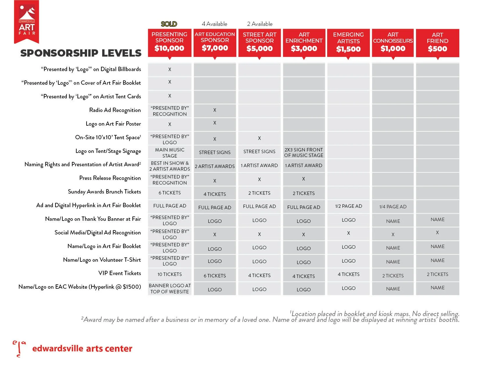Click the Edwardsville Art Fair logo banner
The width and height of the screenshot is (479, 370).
pyautogui.click(x=26, y=22)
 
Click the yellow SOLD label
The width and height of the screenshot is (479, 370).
pyautogui.click(x=169, y=24)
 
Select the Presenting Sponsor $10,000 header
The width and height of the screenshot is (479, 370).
pyautogui.click(x=170, y=42)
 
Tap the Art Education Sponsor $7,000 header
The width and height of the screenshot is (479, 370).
pyautogui.click(x=215, y=42)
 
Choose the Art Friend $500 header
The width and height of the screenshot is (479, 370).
pyautogui.click(x=437, y=42)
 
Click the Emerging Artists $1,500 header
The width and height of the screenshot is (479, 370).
pyautogui.click(x=348, y=42)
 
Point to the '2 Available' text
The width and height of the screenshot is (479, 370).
pyautogui.click(x=260, y=24)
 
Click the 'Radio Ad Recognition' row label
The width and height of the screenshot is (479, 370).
pyautogui.click(x=115, y=110)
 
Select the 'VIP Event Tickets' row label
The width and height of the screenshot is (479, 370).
pyautogui.click(x=120, y=273)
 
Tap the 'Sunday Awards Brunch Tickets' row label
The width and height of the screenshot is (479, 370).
pyautogui.click(x=105, y=192)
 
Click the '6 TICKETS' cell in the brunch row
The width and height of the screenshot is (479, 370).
pyautogui.click(x=170, y=193)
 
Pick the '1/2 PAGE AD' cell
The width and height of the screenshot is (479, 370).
pyautogui.click(x=348, y=206)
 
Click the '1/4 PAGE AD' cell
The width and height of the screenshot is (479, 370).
pyautogui.click(x=393, y=207)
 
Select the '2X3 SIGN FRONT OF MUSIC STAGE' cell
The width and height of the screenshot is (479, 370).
pyautogui.click(x=304, y=152)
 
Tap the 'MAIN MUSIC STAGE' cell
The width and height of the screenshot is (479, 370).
pyautogui.click(x=170, y=153)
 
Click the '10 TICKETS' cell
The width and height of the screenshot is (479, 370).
pyautogui.click(x=170, y=274)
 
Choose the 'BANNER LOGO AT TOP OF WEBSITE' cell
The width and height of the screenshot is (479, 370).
pyautogui.click(x=170, y=289)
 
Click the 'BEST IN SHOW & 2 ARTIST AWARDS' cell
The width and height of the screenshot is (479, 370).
pyautogui.click(x=170, y=166)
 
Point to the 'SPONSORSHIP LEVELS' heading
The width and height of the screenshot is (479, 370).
pyautogui.click(x=81, y=53)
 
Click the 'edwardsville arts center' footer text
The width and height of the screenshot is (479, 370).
pyautogui.click(x=82, y=349)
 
